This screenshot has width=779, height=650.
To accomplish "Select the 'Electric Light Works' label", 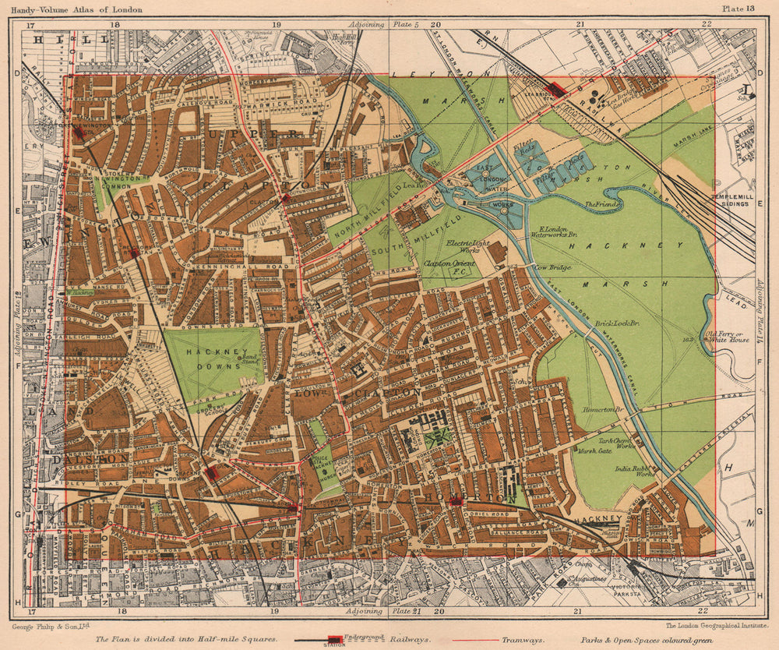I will [x=465, y=246].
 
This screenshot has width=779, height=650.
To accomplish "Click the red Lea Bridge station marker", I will [x=557, y=89].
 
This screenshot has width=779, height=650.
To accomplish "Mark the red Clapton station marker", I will [x=286, y=198].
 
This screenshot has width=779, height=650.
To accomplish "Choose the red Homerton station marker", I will [x=457, y=501].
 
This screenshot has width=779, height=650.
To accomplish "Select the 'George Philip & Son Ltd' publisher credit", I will [x=51, y=625].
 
